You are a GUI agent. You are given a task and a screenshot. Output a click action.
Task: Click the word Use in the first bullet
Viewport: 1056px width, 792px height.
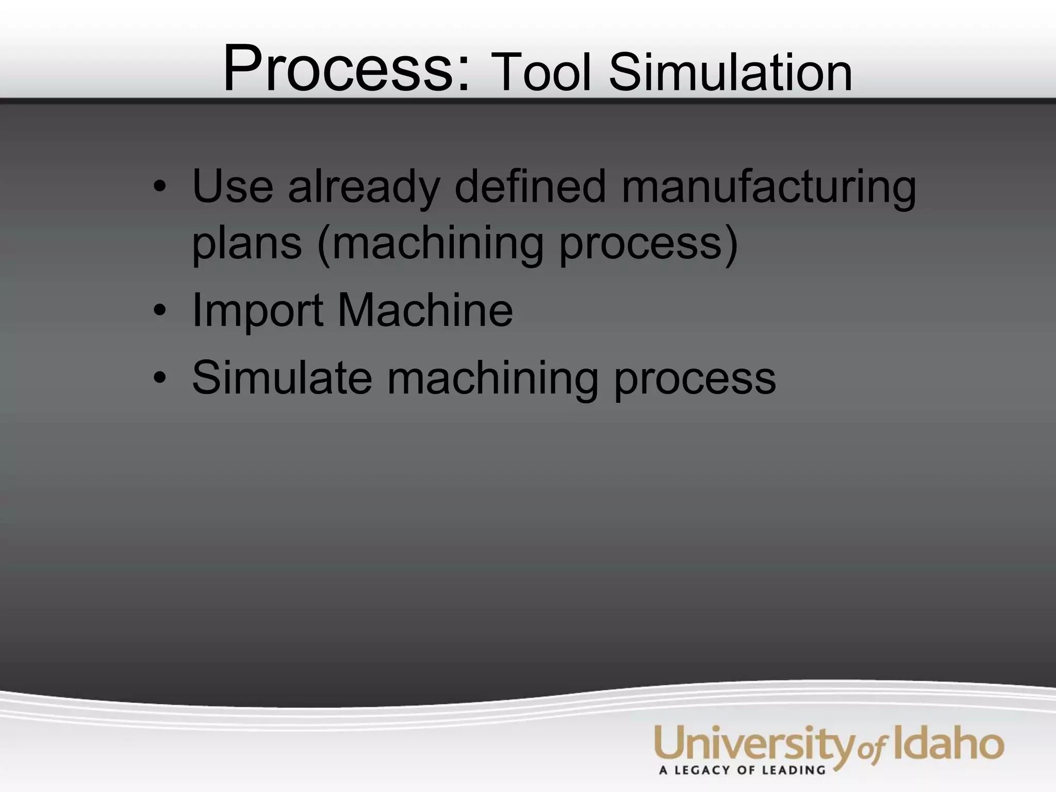[x=233, y=186]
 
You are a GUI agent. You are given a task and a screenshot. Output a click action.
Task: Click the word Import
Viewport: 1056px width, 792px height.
[x=257, y=311]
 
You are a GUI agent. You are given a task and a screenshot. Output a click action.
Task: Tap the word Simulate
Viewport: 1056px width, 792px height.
[x=282, y=377]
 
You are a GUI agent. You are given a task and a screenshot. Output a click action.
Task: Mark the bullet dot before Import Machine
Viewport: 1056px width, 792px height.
[x=160, y=311]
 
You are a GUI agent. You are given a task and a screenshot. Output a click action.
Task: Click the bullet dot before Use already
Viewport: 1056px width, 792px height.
[x=160, y=187]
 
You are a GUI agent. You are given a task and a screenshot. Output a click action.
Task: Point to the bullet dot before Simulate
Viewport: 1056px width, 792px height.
[x=160, y=378]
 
